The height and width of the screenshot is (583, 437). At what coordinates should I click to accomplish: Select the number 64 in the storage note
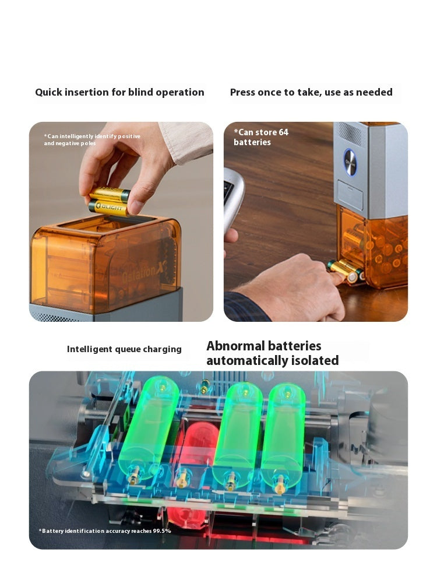click(x=283, y=132)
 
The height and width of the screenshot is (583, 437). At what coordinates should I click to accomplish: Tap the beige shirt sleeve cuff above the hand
click(x=186, y=143)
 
